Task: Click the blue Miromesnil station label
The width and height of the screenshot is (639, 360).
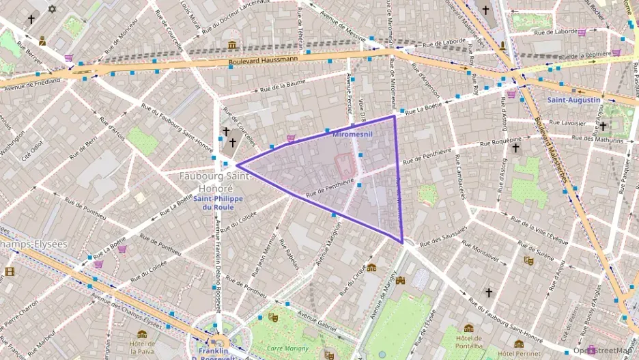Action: pyautogui.click(x=353, y=135)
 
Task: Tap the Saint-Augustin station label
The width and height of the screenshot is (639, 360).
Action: pyautogui.click(x=573, y=100)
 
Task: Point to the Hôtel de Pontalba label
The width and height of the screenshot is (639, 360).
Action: pyautogui.click(x=469, y=342)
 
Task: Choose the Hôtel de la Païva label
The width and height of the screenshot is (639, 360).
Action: pyautogui.click(x=141, y=347)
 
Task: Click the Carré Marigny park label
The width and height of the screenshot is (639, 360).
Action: pyautogui.click(x=285, y=348)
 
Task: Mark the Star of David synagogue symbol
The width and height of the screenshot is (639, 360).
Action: pyautogui.click(x=53, y=10)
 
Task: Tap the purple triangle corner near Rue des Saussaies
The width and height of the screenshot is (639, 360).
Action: pyautogui.click(x=402, y=242)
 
